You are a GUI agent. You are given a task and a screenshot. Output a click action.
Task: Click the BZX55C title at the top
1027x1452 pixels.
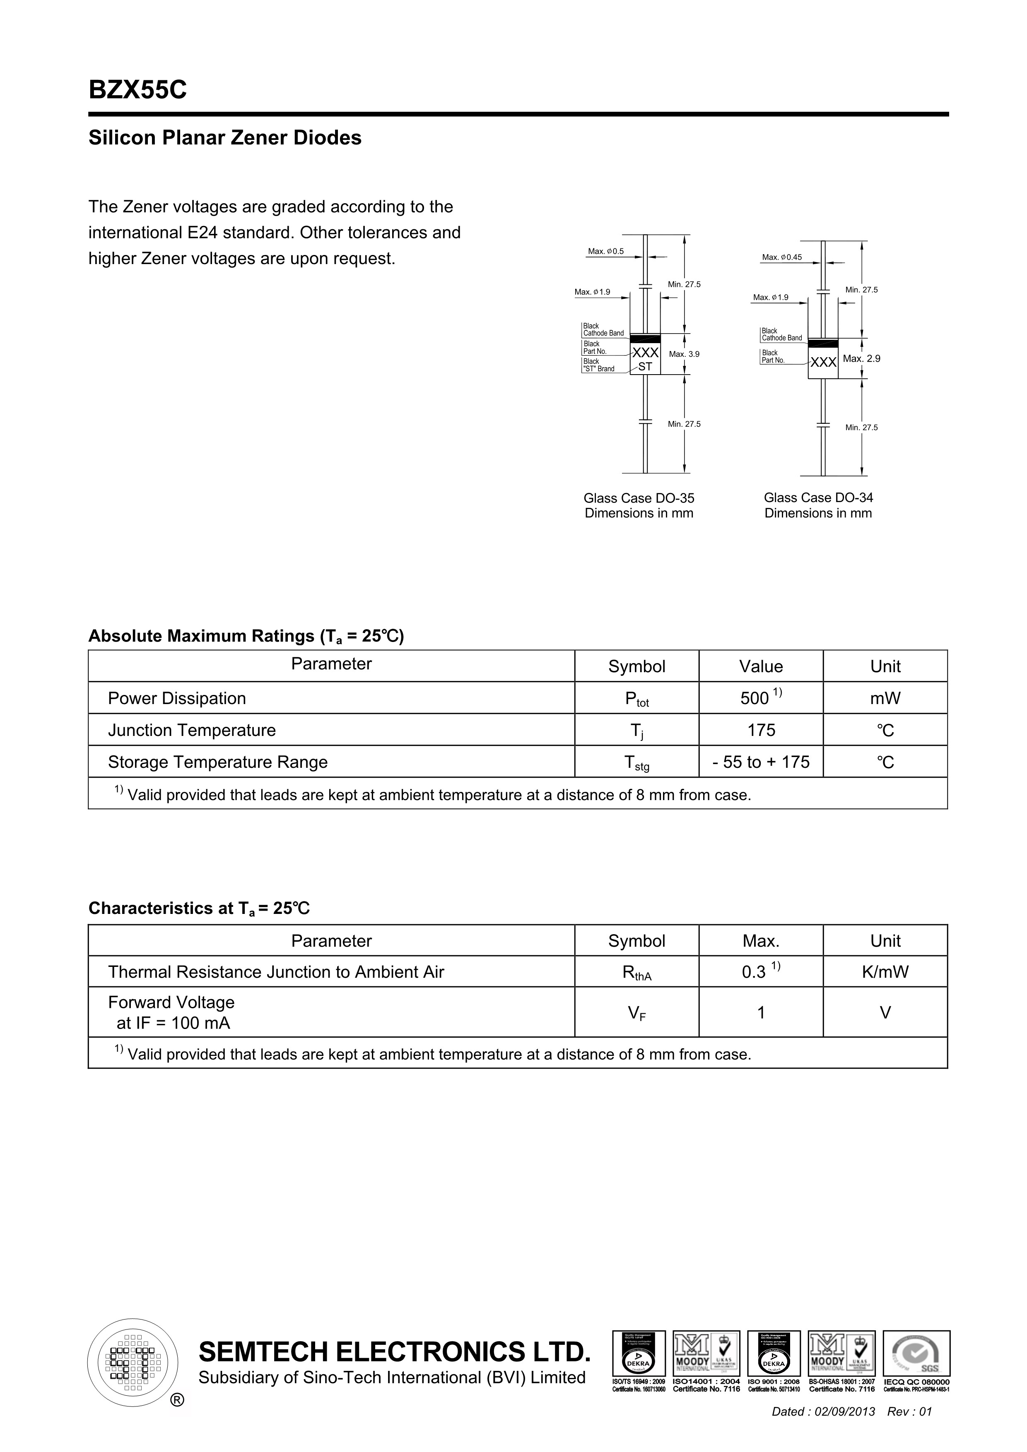point(137,90)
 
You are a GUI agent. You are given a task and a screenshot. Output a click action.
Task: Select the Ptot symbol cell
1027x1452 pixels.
point(636,699)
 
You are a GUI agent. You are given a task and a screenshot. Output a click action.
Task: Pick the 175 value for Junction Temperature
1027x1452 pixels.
point(761,731)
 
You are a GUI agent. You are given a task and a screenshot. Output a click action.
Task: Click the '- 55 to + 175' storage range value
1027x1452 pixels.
point(761,762)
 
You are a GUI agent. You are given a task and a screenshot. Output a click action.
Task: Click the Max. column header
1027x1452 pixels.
point(761,941)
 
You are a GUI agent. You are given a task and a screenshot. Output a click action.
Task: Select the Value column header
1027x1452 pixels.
point(761,666)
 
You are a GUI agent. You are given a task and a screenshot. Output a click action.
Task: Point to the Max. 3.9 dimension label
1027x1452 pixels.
point(684,354)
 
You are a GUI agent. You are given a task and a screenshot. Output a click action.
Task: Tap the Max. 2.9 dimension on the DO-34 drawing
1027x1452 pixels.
point(861,358)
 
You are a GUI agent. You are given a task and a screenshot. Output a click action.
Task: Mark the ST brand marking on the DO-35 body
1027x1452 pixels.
point(645,366)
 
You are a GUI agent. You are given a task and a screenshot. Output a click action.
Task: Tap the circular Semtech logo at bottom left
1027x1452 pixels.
point(132,1362)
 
